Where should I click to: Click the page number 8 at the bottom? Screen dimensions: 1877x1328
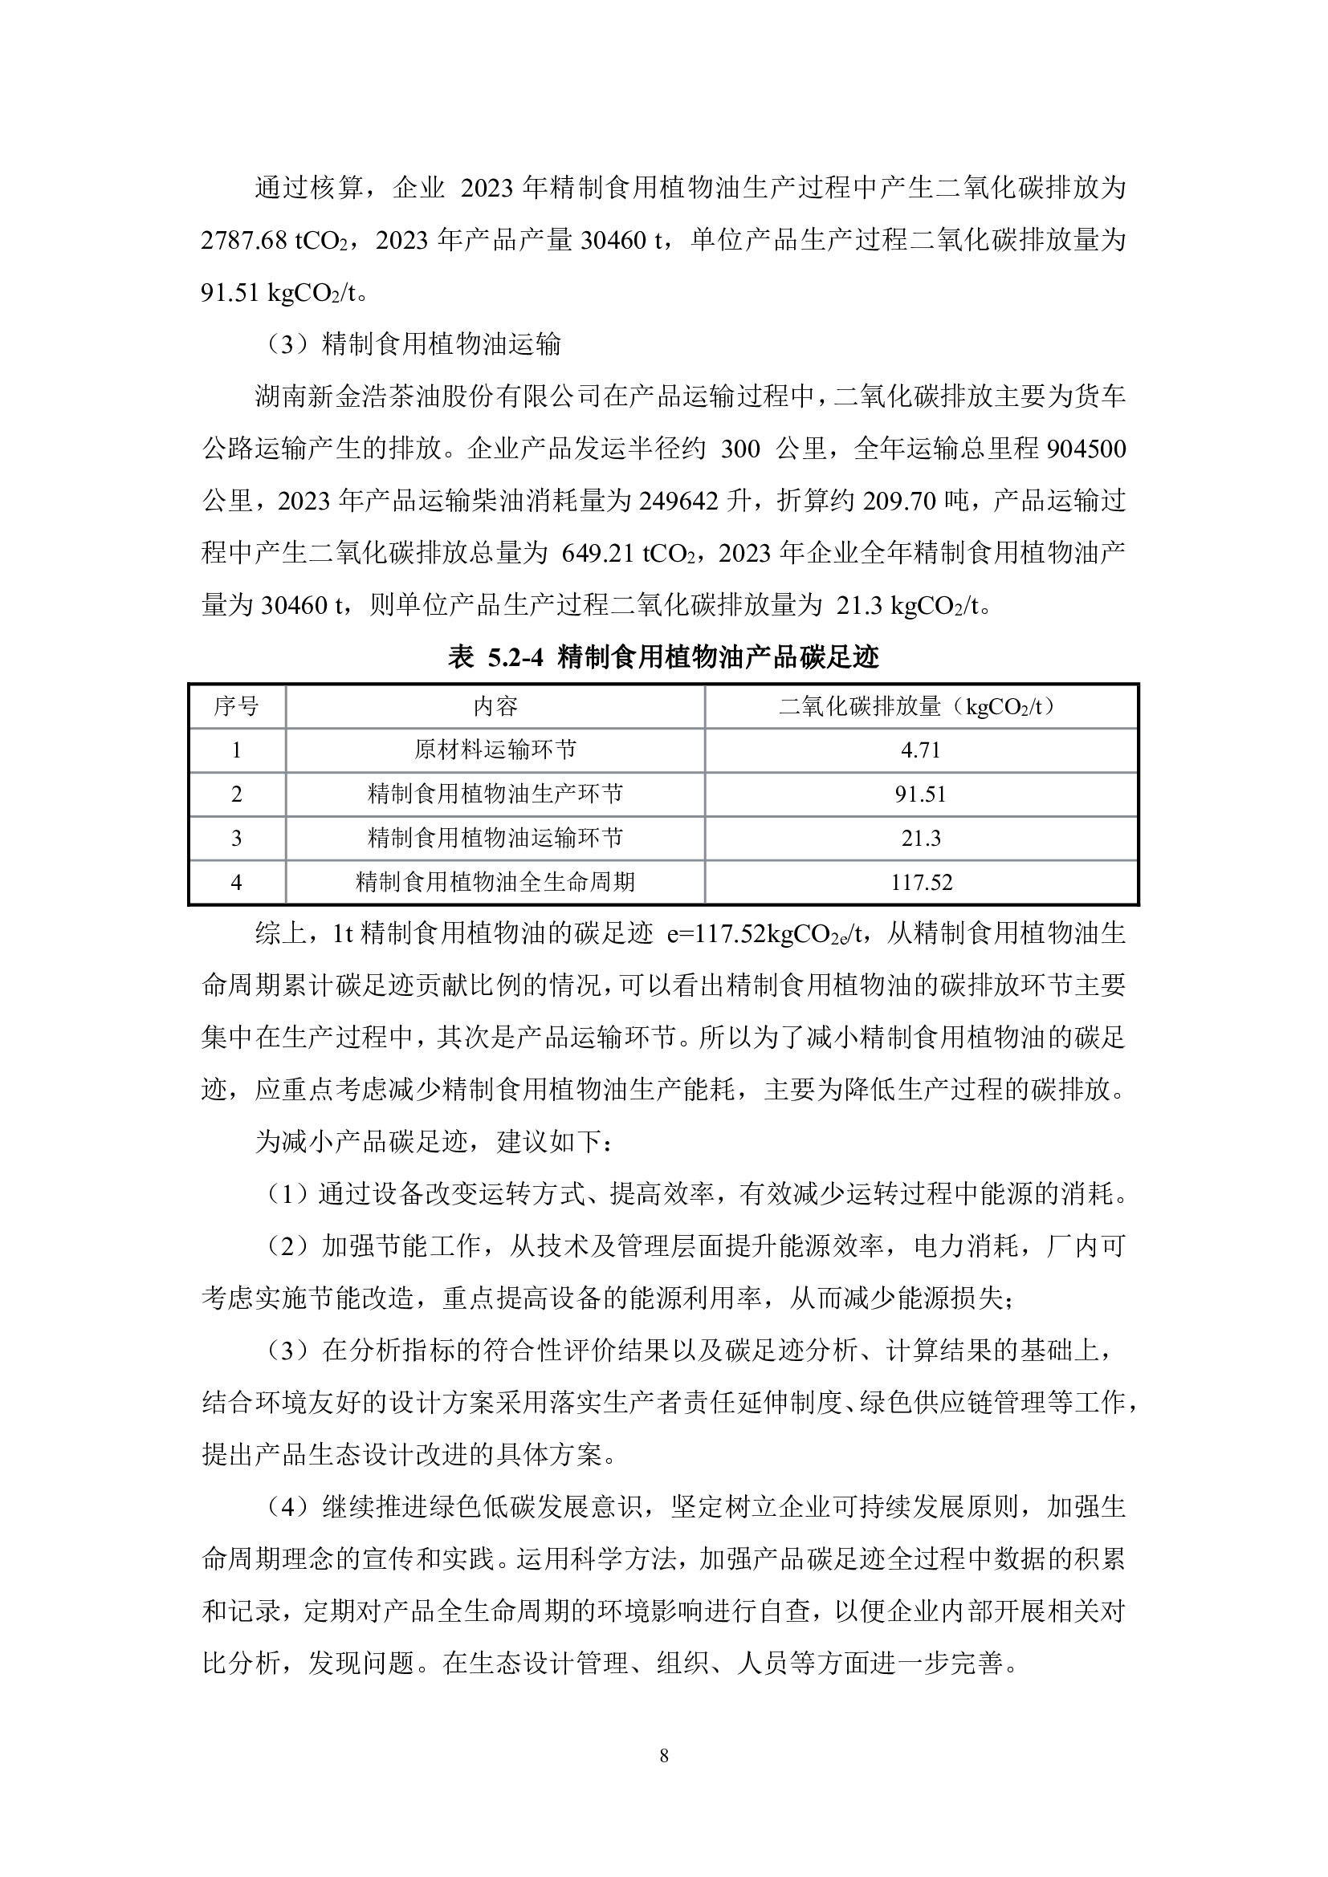click(x=663, y=1755)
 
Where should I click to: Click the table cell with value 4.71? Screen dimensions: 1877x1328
click(x=920, y=750)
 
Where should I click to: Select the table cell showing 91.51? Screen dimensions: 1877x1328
click(x=920, y=794)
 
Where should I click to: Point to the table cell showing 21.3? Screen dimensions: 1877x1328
click(x=920, y=839)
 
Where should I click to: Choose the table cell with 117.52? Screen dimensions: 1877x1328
click(x=920, y=883)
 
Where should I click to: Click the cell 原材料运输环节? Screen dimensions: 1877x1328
click(x=495, y=750)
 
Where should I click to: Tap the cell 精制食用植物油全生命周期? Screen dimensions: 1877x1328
click(x=495, y=883)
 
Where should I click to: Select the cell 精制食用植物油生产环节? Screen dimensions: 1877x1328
click(x=495, y=794)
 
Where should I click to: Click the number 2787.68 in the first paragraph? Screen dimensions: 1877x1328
click(x=244, y=242)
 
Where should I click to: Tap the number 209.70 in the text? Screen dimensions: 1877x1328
click(x=898, y=501)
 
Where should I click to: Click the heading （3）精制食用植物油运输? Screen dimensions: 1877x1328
click(x=413, y=345)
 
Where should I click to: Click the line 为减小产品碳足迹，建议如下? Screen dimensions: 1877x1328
click(x=432, y=1142)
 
